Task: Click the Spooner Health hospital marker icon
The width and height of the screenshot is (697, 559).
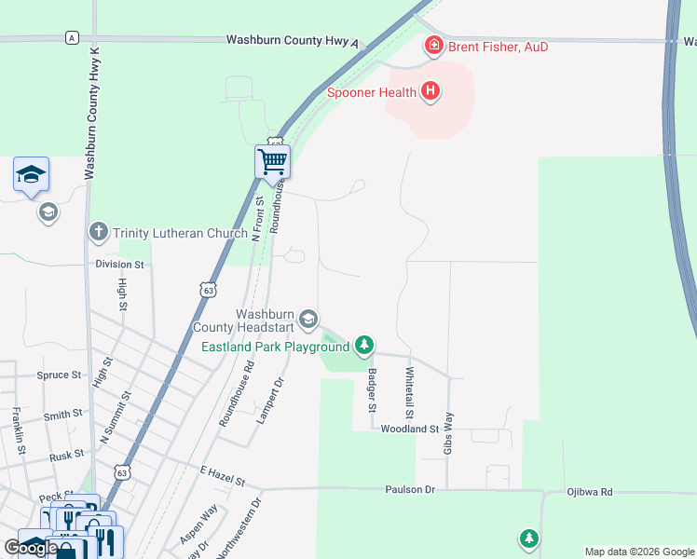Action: (x=430, y=91)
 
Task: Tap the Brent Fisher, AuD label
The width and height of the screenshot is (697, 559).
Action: (x=499, y=47)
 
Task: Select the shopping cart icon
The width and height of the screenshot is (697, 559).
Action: (x=272, y=161)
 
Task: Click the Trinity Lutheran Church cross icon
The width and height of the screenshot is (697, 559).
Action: (x=99, y=231)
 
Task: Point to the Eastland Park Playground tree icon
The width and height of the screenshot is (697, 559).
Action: (x=364, y=347)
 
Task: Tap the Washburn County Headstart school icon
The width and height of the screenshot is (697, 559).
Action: (x=308, y=320)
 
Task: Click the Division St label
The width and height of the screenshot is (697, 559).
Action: (x=120, y=265)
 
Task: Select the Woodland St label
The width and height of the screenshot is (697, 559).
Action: (x=410, y=429)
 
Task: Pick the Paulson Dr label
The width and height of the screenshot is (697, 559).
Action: (x=411, y=489)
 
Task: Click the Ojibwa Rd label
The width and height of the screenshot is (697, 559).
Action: (x=590, y=492)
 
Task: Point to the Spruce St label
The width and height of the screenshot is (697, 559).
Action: (x=60, y=375)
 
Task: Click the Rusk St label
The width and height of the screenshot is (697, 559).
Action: (x=66, y=456)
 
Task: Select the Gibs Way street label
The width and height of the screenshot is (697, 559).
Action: (x=448, y=433)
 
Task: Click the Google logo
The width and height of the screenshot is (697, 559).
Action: (x=31, y=548)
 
